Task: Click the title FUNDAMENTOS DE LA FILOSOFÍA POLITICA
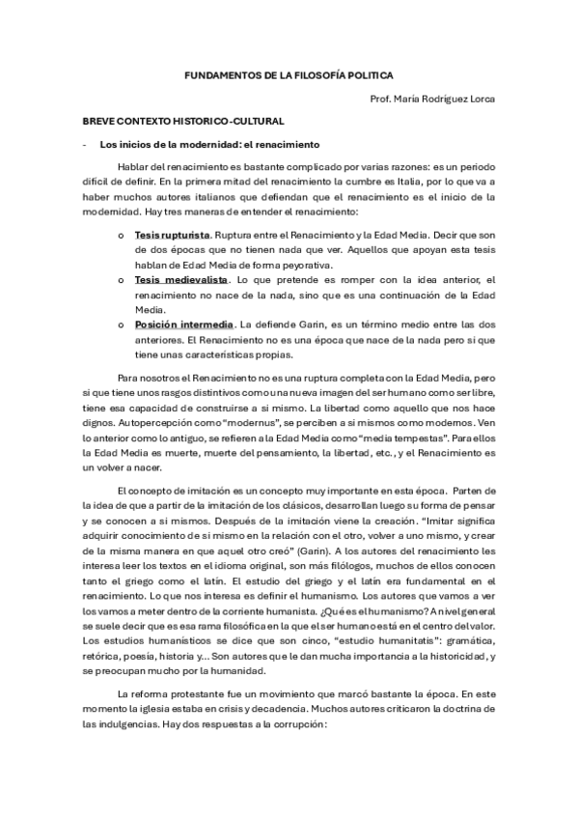289,73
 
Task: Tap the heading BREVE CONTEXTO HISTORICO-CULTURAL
181,124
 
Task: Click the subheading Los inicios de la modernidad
209,145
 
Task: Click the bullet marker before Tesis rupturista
120,236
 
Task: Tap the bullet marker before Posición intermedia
120,325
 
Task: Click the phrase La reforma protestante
170,668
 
